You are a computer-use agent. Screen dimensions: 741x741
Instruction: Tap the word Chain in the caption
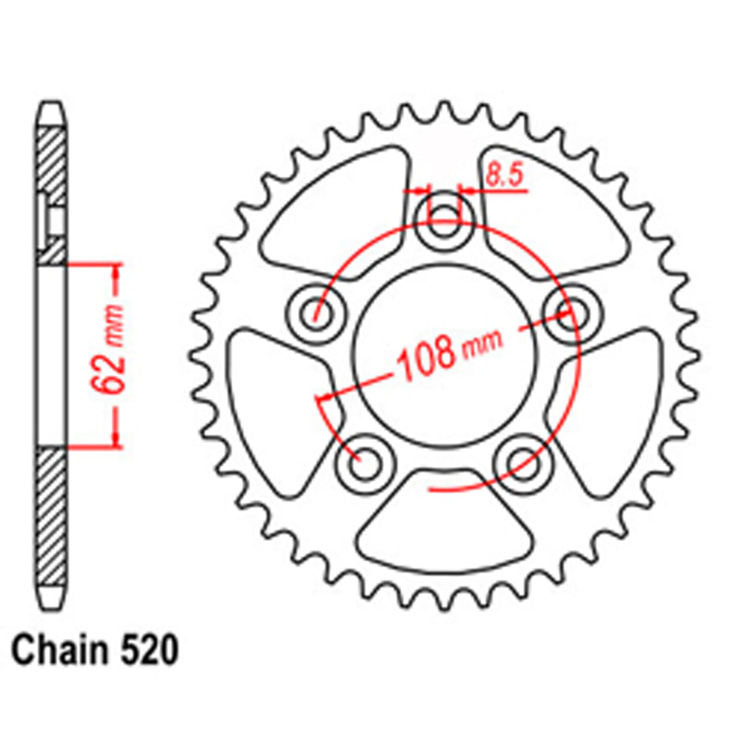pyautogui.click(x=58, y=651)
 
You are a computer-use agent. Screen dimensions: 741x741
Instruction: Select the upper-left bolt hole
pyautogui.click(x=316, y=314)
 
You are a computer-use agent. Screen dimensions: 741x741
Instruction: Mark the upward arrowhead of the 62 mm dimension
pyautogui.click(x=115, y=273)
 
